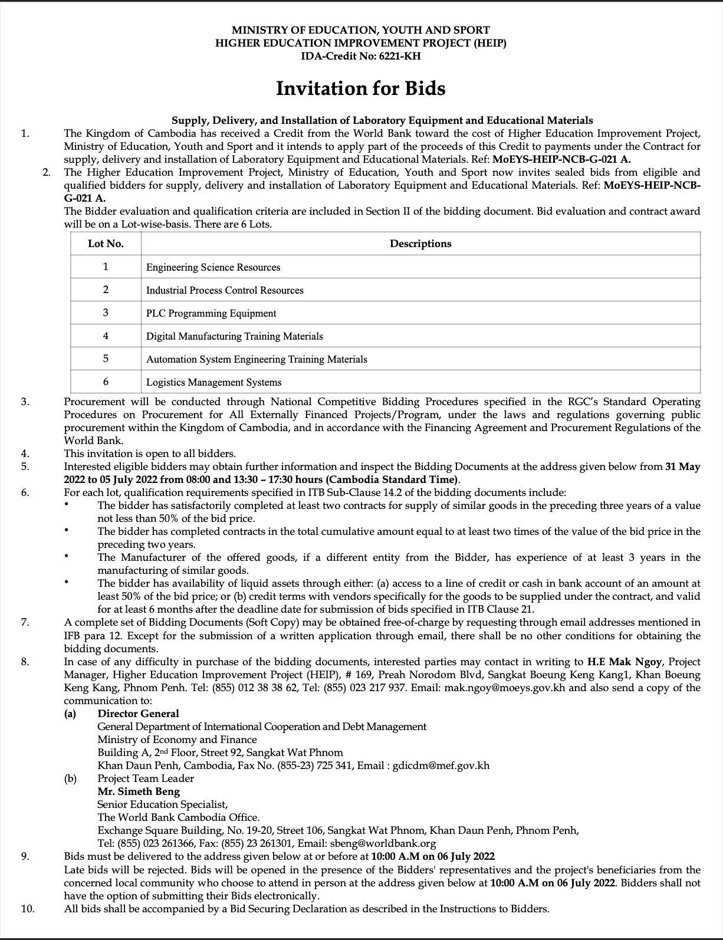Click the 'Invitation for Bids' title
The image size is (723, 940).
click(x=361, y=88)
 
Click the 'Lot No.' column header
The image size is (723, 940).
click(x=106, y=244)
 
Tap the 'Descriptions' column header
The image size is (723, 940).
click(x=420, y=244)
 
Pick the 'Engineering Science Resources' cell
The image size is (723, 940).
click(x=213, y=267)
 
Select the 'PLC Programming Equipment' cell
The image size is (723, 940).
click(x=211, y=313)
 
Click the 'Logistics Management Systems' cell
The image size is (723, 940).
click(x=213, y=382)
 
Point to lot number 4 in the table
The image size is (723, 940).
click(x=106, y=336)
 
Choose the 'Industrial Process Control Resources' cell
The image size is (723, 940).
click(x=225, y=290)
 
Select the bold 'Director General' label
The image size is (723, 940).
click(x=138, y=714)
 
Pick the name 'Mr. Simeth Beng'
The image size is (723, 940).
click(x=139, y=791)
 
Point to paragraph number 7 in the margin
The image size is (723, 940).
click(x=25, y=623)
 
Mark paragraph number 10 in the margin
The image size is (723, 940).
click(x=27, y=909)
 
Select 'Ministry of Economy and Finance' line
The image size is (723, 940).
click(x=177, y=739)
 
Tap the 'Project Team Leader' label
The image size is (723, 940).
click(x=146, y=778)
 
